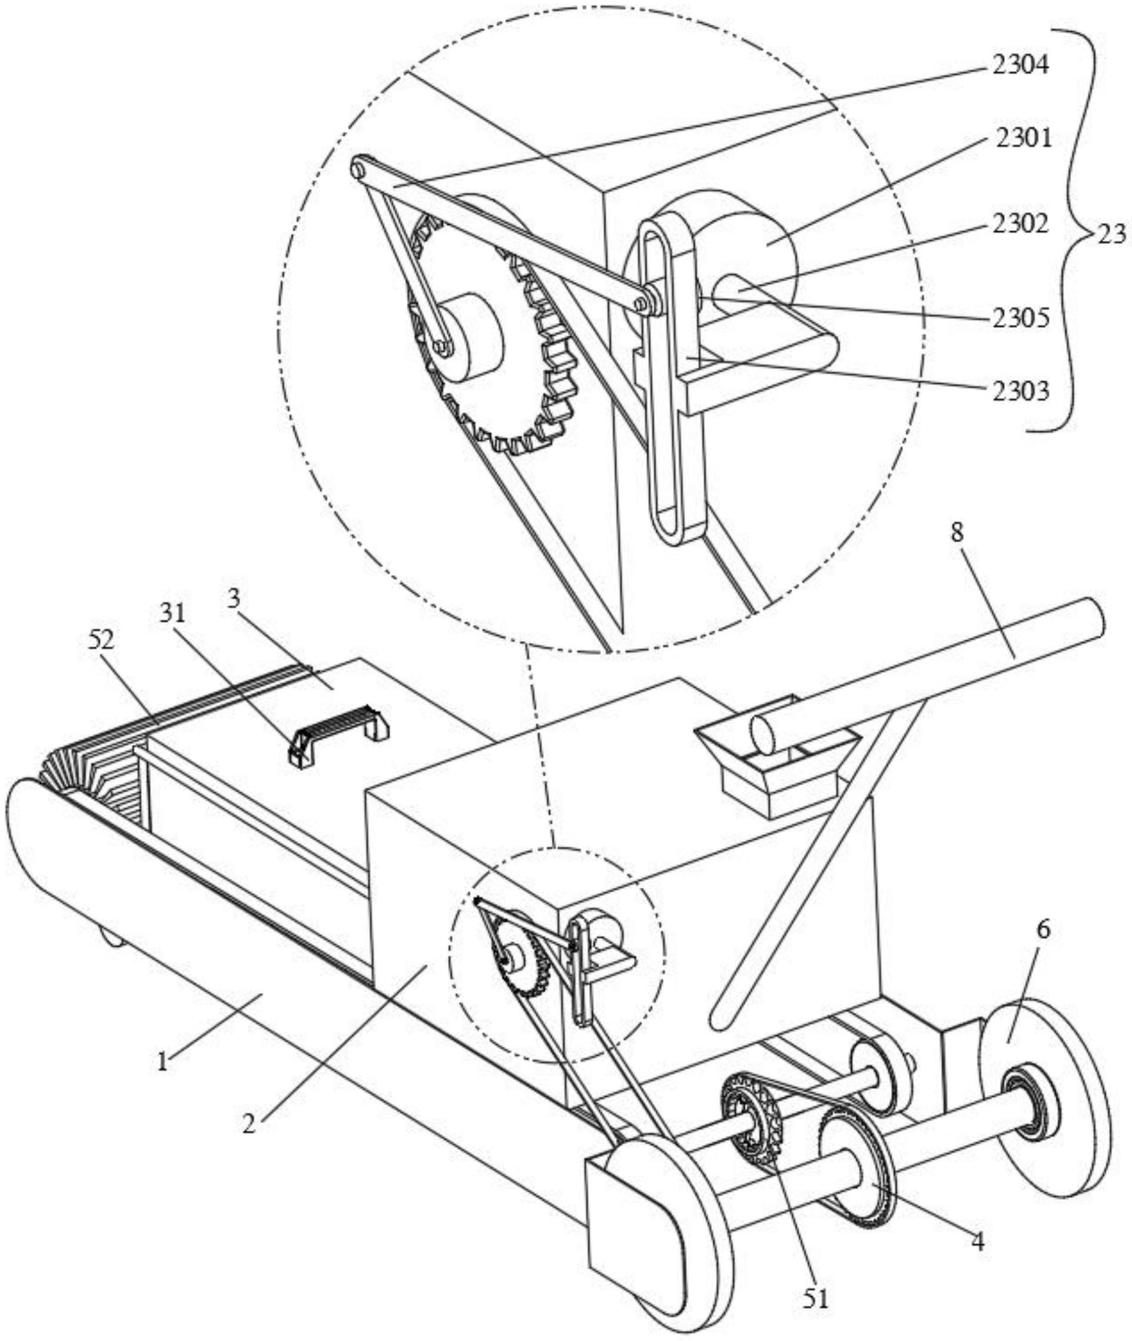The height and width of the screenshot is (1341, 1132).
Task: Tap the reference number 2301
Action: click(1024, 137)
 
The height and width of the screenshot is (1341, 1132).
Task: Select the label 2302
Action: click(1020, 223)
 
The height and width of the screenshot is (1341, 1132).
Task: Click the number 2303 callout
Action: click(1020, 391)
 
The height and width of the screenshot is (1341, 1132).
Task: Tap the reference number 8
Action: click(957, 533)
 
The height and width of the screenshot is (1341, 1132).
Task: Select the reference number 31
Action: click(172, 614)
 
